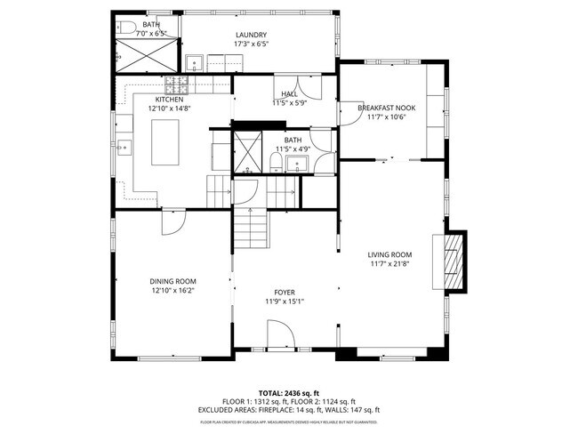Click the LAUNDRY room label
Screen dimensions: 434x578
point(251,35)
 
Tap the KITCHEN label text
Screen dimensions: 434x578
point(169,99)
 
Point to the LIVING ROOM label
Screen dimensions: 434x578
point(390,254)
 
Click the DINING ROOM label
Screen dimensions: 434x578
point(173,281)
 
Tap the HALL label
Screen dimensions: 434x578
point(289,93)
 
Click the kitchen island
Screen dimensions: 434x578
point(166,143)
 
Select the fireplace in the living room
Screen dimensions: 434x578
point(454,262)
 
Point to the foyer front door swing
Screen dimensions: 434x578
point(279,336)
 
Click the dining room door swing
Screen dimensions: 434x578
point(173,222)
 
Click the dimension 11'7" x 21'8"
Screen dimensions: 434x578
point(390,264)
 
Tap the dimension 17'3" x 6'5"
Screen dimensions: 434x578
point(251,44)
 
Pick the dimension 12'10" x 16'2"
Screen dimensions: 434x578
point(173,290)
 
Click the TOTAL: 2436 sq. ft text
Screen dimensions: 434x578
point(289,392)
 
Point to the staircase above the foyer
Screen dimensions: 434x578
point(253,229)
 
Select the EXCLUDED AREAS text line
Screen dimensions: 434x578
point(289,409)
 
